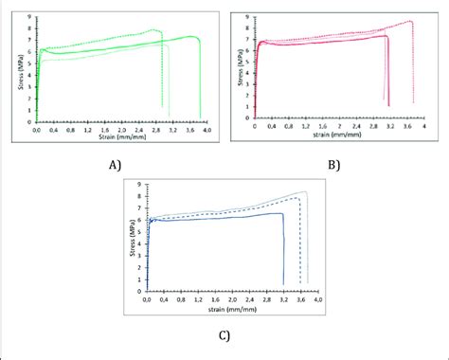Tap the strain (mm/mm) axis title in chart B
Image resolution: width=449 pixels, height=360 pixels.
pos(339,134)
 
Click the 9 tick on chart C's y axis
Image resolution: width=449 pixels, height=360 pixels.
pos(139,185)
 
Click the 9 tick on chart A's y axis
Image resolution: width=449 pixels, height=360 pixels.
pos(29,16)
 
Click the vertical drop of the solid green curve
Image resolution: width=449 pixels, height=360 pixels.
pos(200,76)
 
